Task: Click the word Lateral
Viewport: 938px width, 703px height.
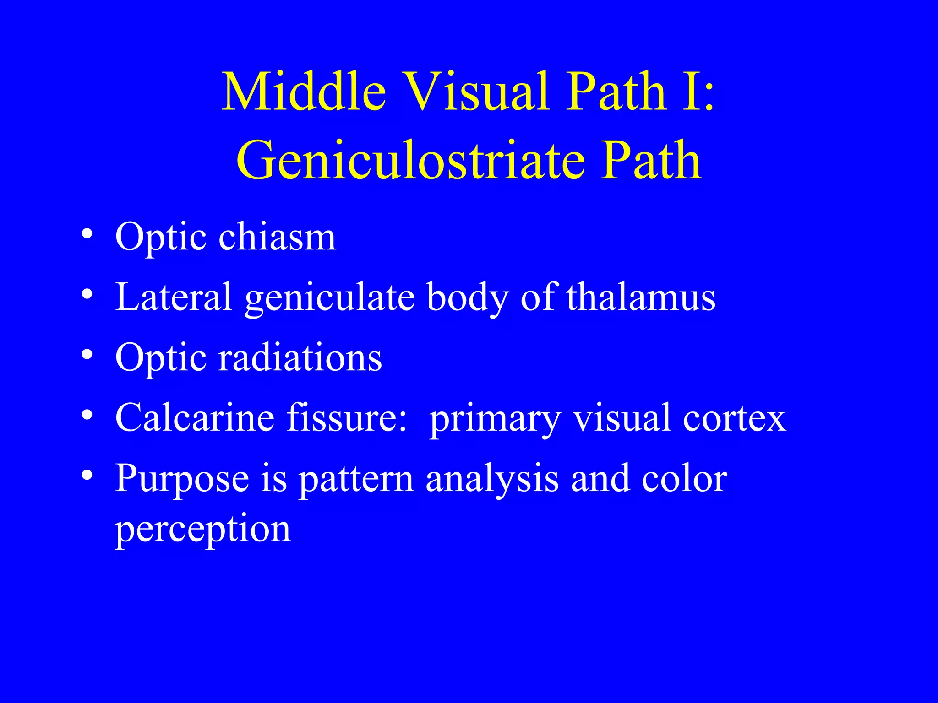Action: click(174, 297)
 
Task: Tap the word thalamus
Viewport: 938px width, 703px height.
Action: click(641, 297)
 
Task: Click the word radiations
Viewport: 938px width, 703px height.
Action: click(300, 358)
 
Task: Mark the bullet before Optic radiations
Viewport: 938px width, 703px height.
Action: click(87, 355)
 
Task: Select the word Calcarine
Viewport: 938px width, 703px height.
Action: click(195, 418)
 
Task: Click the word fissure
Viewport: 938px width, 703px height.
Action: click(347, 418)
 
